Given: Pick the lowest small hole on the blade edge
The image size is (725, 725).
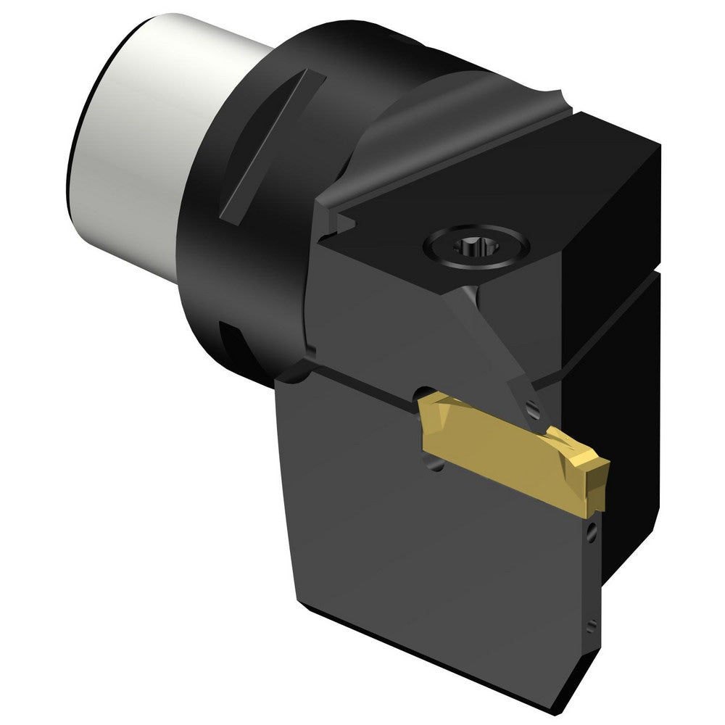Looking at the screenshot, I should pos(592,623).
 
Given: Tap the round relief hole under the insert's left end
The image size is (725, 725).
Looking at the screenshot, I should pos(435,470).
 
